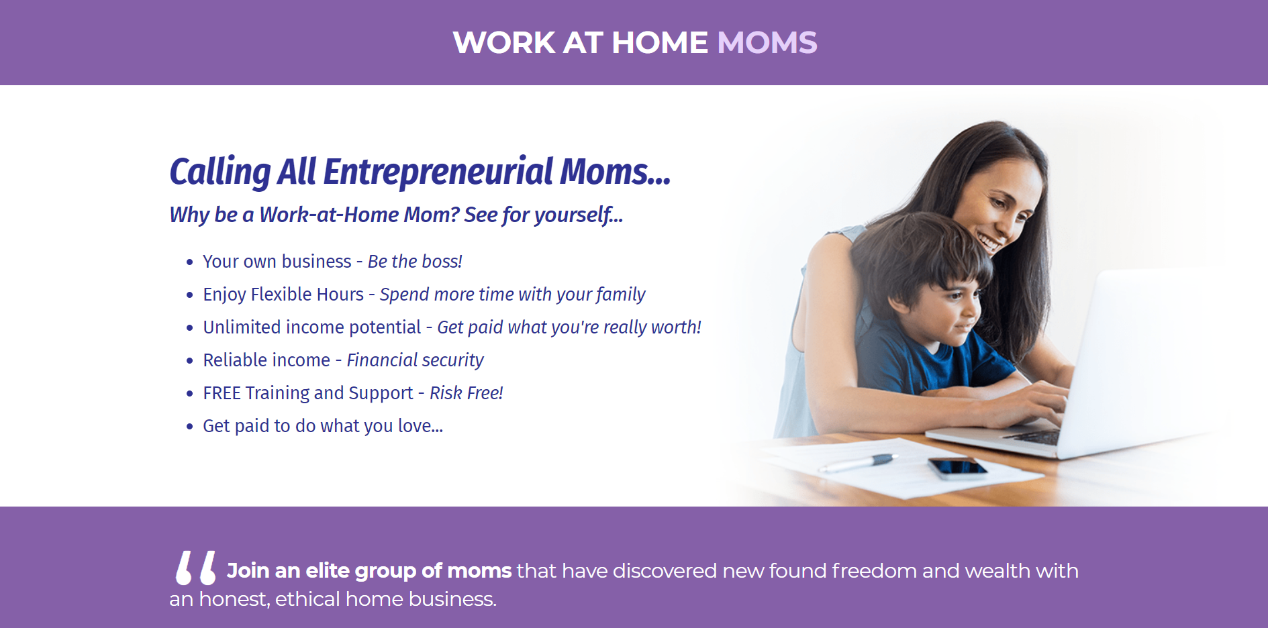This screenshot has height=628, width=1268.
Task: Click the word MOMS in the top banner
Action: pos(767,42)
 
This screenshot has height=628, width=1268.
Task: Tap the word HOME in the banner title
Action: pos(659,42)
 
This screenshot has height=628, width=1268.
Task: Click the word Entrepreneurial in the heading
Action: pos(438,172)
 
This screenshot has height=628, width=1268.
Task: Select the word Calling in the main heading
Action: pos(220,172)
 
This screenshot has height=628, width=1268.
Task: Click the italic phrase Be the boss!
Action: pos(415,262)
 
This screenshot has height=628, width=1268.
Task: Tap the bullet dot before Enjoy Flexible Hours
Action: pos(190,295)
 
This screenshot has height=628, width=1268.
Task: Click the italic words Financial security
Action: pos(415,360)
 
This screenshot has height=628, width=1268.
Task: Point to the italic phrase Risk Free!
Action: pos(466,393)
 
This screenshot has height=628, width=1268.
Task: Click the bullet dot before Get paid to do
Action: pos(190,427)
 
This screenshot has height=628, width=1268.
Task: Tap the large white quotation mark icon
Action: pos(196,568)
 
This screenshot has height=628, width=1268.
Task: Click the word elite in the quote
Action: pos(328,570)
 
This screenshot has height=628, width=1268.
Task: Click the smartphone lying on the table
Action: pos(958,468)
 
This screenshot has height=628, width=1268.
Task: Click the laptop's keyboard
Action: pos(1034,437)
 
